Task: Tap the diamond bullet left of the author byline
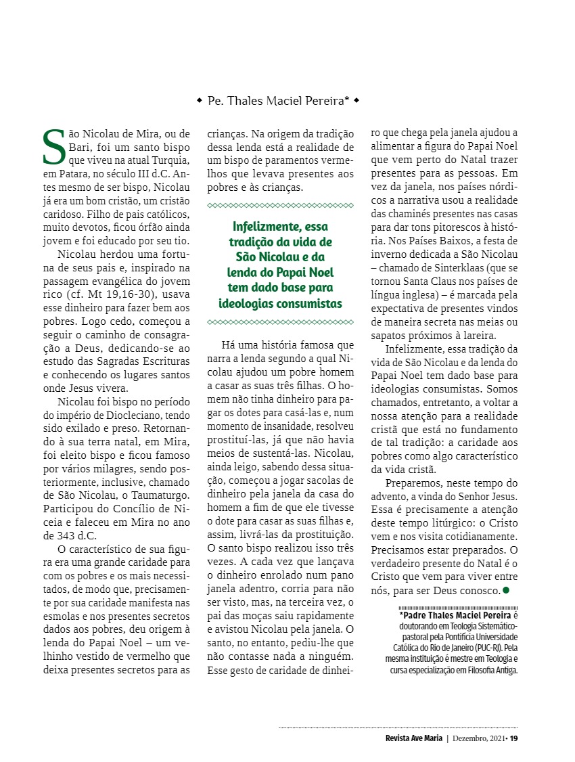[199, 101]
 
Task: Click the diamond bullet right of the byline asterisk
[356, 101]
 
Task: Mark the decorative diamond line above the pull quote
[280, 205]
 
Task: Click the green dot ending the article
[506, 590]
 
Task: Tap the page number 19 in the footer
[514, 738]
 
